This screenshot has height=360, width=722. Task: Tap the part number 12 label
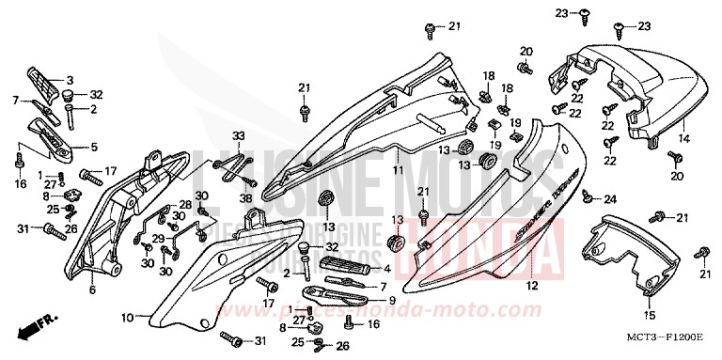[x=530, y=286]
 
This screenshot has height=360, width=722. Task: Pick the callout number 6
[x=92, y=290]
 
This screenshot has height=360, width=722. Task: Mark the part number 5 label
[x=93, y=147]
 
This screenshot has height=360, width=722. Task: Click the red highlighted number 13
[x=396, y=220]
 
